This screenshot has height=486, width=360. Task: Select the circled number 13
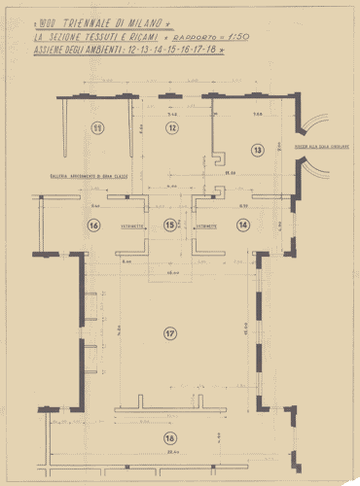coord(258,150)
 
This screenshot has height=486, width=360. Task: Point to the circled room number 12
coord(171,127)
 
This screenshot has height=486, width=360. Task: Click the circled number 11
coord(97,127)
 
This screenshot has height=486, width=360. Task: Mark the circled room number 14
coord(243,225)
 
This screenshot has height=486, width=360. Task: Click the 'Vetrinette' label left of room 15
coord(133,225)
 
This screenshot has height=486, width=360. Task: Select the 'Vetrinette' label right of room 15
coord(205,225)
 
